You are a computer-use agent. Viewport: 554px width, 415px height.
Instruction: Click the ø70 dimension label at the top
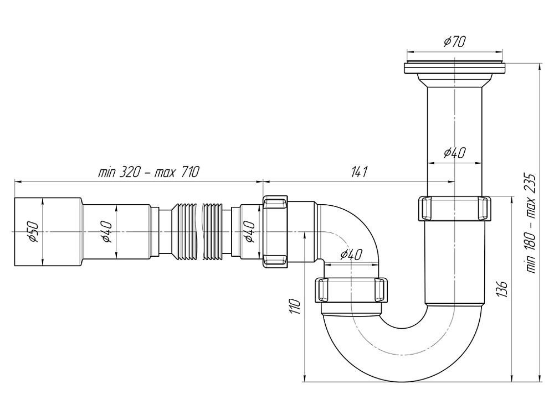click(x=454, y=41)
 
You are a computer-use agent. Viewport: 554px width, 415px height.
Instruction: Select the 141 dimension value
click(x=359, y=172)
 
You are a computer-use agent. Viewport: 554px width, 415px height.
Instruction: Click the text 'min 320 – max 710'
click(x=148, y=172)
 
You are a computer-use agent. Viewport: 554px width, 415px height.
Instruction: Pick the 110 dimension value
click(x=295, y=306)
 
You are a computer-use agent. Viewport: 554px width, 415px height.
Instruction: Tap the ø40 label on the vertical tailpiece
click(x=454, y=153)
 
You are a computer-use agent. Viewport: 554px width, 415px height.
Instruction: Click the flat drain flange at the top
click(x=454, y=69)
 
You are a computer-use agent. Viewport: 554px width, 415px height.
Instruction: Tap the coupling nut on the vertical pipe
click(x=454, y=208)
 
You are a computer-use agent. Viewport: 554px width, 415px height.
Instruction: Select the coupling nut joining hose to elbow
click(x=275, y=231)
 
